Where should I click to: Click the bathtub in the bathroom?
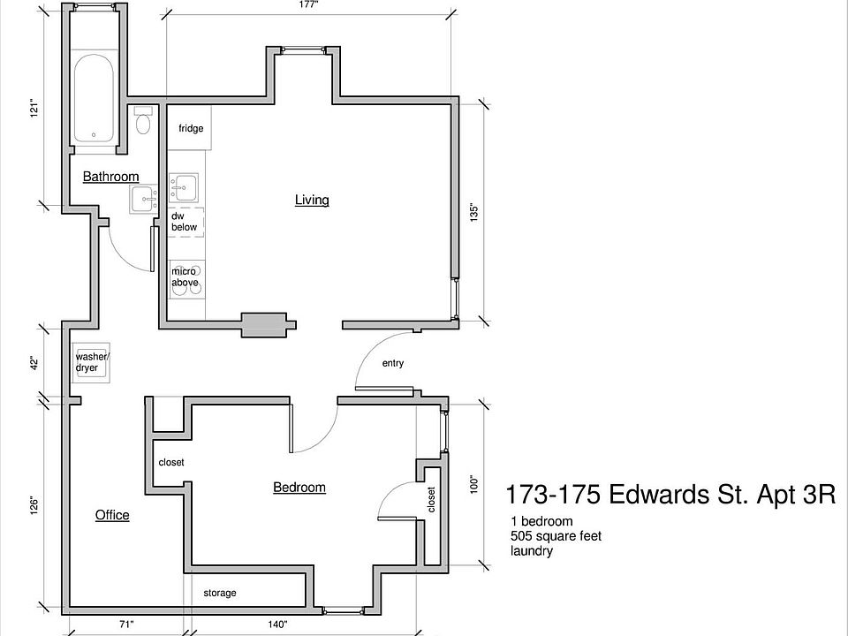click(x=94, y=99)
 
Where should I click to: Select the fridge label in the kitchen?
click(x=191, y=129)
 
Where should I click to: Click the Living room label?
click(x=312, y=200)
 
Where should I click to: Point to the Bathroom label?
click(x=110, y=177)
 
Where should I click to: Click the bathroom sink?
click(x=143, y=200)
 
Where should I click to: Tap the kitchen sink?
click(x=185, y=188)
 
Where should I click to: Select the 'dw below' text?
click(x=184, y=222)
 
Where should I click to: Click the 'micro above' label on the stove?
click(x=185, y=277)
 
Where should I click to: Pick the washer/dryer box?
click(x=92, y=362)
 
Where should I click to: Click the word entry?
click(x=392, y=363)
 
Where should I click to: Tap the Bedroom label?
click(x=299, y=487)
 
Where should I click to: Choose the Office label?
click(x=112, y=515)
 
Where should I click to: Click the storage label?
click(x=220, y=593)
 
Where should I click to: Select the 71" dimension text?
click(x=125, y=625)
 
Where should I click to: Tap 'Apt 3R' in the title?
click(x=795, y=494)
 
